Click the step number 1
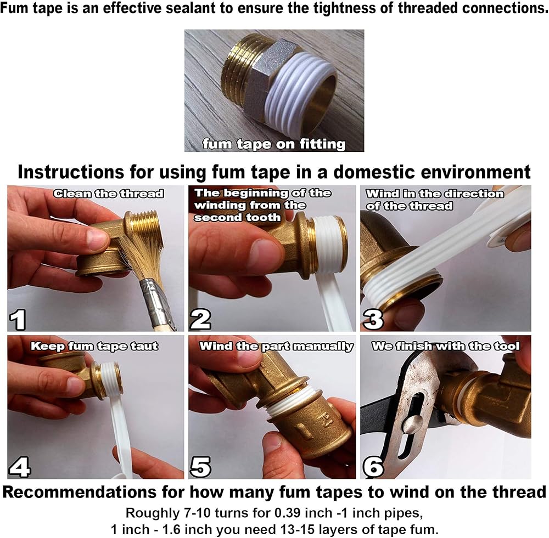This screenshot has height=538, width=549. point(18,319)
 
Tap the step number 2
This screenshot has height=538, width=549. point(200,319)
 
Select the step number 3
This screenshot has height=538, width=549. point(373,319)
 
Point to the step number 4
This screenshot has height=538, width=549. point(20,467)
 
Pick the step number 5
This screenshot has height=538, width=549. point(200,467)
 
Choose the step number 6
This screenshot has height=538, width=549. point(374,467)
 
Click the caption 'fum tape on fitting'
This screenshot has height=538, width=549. point(274,144)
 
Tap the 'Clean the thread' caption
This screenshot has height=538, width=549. point(109,194)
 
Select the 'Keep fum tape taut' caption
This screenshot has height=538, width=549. point(94,346)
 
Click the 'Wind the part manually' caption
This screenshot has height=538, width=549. point(276,346)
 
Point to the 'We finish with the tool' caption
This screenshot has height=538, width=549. point(446,346)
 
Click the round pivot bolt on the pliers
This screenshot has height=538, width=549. point(410,426)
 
